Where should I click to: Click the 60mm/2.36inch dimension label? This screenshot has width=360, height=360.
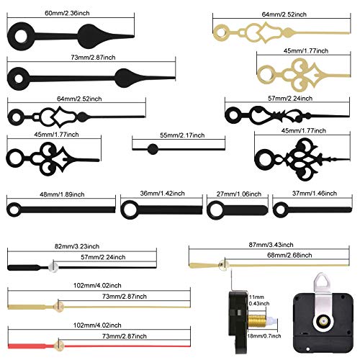pyautogui.click(x=67, y=13)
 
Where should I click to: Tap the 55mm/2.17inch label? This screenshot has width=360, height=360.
pyautogui.click(x=182, y=135)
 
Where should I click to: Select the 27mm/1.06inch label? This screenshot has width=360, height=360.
pyautogui.click(x=239, y=194)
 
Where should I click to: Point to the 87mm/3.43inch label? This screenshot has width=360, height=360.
pyautogui.click(x=271, y=245)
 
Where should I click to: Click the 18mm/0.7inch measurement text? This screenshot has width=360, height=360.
pyautogui.click(x=264, y=336)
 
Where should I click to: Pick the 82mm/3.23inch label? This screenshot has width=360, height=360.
pyautogui.click(x=77, y=246)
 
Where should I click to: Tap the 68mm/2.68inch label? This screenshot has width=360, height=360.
pyautogui.click(x=289, y=255)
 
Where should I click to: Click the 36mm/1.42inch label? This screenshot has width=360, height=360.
pyautogui.click(x=162, y=193)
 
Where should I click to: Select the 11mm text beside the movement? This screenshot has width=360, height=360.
pyautogui.click(x=256, y=297)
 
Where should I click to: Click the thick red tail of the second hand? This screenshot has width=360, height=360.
pyautogui.click(x=27, y=346)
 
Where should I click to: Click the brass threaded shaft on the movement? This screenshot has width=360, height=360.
pyautogui.click(x=256, y=321)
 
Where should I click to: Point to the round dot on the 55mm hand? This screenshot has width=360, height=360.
pyautogui.click(x=153, y=149)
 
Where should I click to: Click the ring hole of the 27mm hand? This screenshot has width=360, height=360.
pyautogui.click(x=216, y=210)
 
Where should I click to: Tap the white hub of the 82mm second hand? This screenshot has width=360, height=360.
pyautogui.click(x=53, y=267)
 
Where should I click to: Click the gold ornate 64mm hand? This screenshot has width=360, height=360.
pyautogui.click(x=282, y=32)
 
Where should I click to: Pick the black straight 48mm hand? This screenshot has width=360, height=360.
pyautogui.click(x=61, y=210)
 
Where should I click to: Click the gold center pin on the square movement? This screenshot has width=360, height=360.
pyautogui.click(x=323, y=321)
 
